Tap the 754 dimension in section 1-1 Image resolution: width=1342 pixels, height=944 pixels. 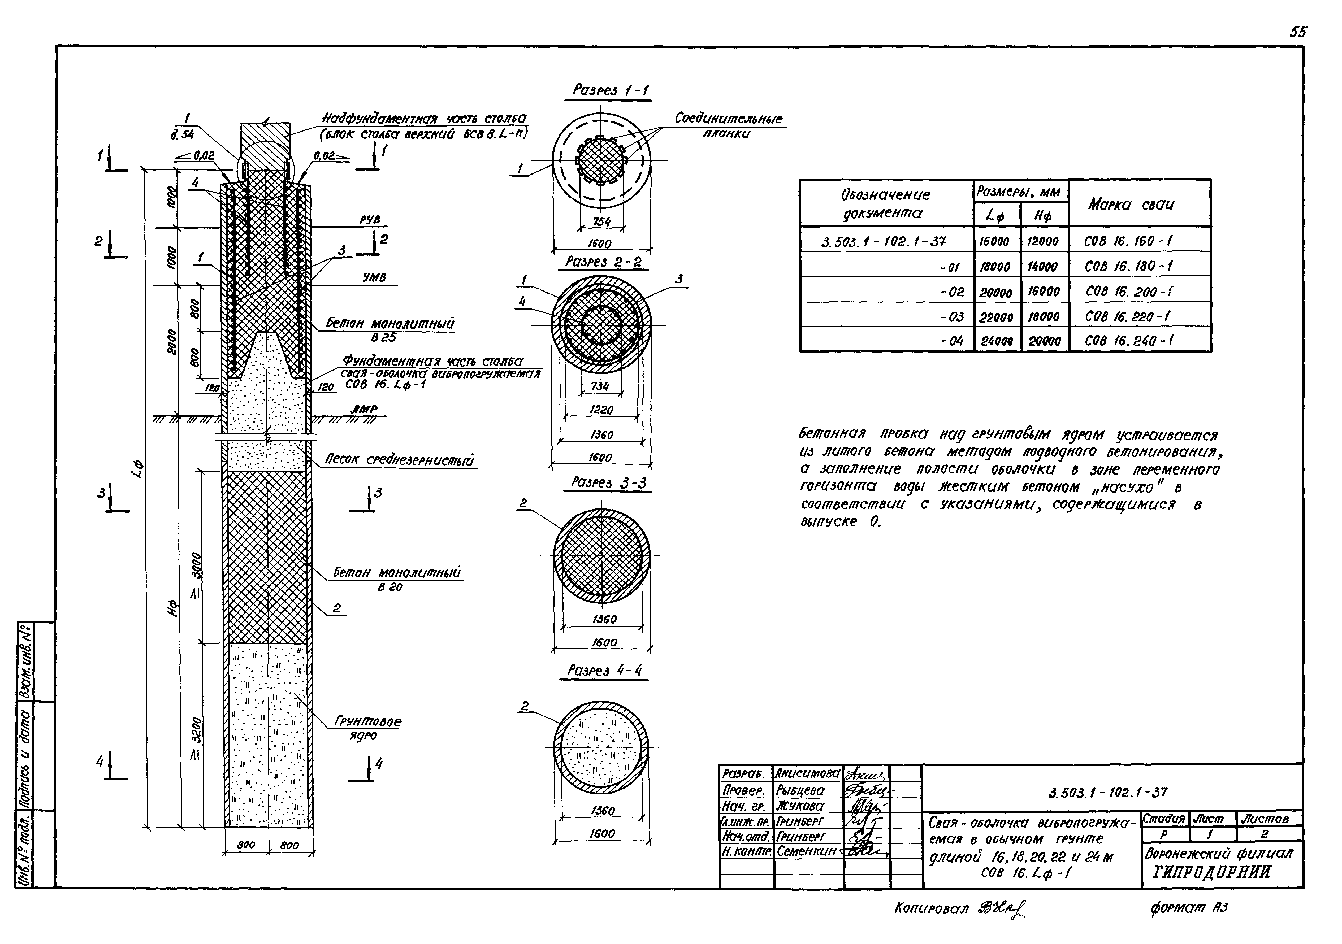[x=602, y=222]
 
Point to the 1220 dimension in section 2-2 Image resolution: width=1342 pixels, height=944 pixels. [x=601, y=410]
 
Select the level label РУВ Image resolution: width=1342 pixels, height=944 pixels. [x=369, y=220]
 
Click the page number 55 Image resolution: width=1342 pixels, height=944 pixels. [x=1298, y=32]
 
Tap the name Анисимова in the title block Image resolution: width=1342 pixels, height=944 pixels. [x=807, y=773]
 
